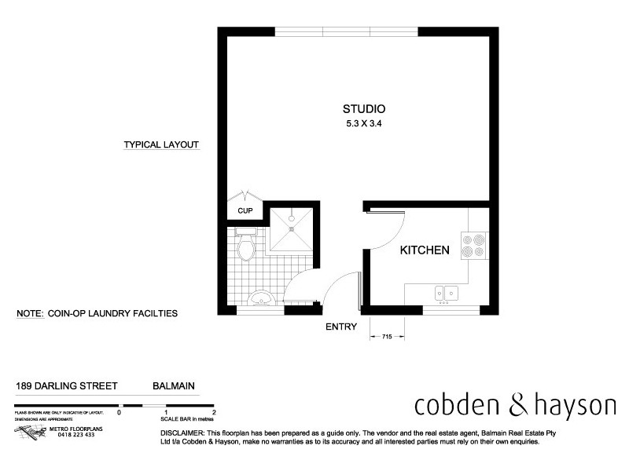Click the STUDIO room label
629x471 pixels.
pyautogui.click(x=363, y=109)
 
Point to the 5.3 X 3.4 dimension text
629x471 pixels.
pyautogui.click(x=363, y=123)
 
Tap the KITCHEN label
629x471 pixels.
pyautogui.click(x=425, y=251)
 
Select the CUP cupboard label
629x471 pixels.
pyautogui.click(x=245, y=210)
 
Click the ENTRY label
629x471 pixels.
pyautogui.click(x=341, y=327)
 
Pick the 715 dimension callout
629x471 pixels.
pyautogui.click(x=387, y=336)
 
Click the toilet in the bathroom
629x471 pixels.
pyautogui.click(x=245, y=247)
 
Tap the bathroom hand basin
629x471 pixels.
pyautogui.click(x=260, y=299)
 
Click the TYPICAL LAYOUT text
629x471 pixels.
pyautogui.click(x=161, y=145)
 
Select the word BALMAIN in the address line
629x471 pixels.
pyautogui.click(x=173, y=386)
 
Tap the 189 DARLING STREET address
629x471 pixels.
pyautogui.click(x=67, y=386)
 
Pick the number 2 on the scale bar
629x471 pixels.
pyautogui.click(x=214, y=411)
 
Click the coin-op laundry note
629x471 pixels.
pyautogui.click(x=97, y=313)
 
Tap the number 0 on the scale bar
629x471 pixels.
pyautogui.click(x=120, y=411)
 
